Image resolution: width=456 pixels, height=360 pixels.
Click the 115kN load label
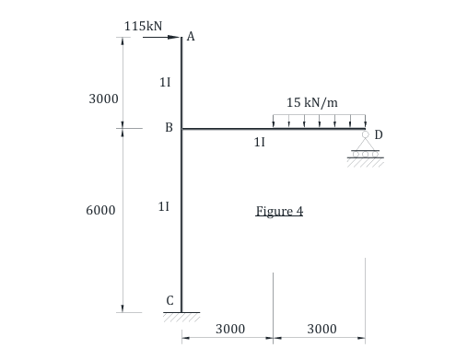click(144, 25)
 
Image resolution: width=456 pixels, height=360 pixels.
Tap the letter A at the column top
click(190, 37)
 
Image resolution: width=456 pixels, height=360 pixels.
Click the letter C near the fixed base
click(170, 299)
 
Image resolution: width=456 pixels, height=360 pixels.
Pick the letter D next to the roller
click(378, 134)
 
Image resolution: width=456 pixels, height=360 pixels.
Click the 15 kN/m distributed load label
click(311, 102)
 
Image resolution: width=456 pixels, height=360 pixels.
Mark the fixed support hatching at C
click(181, 316)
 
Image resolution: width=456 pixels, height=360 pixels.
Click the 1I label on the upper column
click(164, 82)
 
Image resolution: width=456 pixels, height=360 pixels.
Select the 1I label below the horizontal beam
click(259, 143)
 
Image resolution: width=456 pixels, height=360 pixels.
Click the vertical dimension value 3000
click(102, 98)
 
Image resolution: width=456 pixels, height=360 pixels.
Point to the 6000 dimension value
click(100, 210)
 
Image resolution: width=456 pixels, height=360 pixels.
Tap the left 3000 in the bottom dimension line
click(229, 329)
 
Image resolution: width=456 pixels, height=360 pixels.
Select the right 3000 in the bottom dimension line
click(321, 329)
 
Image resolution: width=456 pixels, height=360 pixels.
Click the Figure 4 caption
click(279, 211)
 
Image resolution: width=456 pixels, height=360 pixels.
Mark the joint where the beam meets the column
click(181, 129)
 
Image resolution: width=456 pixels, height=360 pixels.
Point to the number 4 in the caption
click(298, 211)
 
